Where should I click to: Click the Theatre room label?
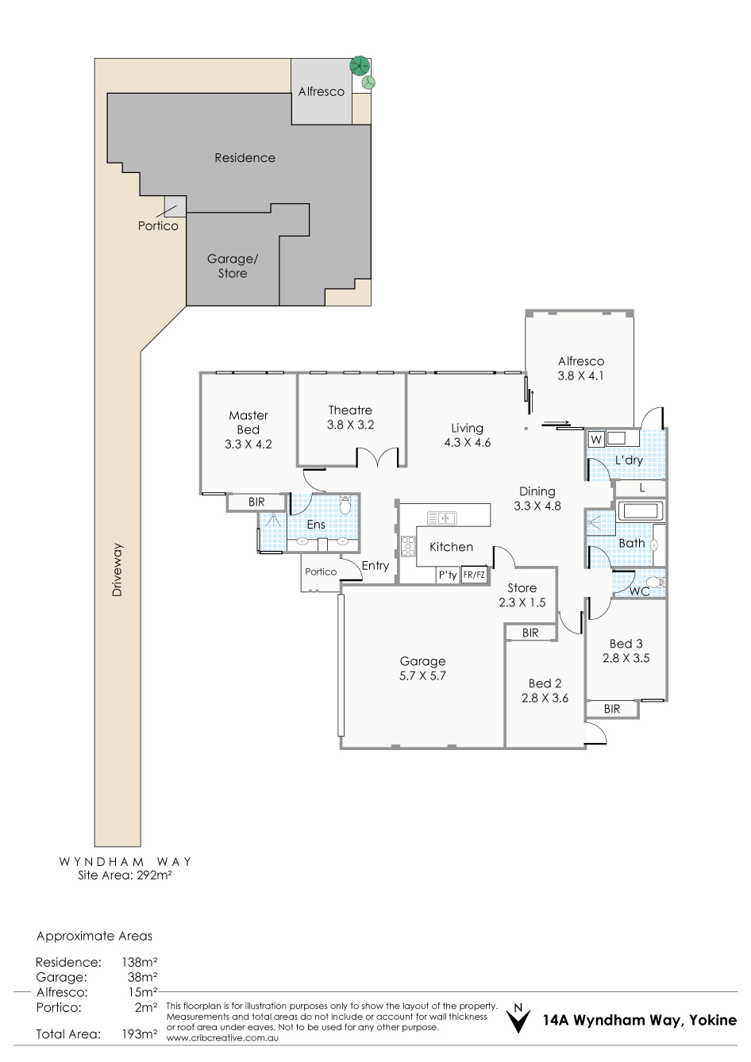pos(350,410)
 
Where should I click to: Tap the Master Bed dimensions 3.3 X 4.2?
pos(248,444)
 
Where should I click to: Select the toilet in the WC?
pos(657,583)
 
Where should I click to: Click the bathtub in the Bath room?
pos(640,511)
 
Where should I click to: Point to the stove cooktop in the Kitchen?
pos(408,546)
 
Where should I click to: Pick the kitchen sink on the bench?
pos(441,518)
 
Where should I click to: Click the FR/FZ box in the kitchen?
pos(474,575)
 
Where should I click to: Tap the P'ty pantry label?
pos(448,575)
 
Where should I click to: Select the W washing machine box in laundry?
pos(596,440)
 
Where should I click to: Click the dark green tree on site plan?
pos(360,65)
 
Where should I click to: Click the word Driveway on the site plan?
pos(117,569)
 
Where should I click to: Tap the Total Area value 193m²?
pos(140,1033)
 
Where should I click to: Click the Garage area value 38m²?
pos(143,976)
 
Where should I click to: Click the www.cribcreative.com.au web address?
pos(222,1038)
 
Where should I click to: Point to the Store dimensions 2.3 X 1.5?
pos(522,602)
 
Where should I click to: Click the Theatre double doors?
pos(377,457)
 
